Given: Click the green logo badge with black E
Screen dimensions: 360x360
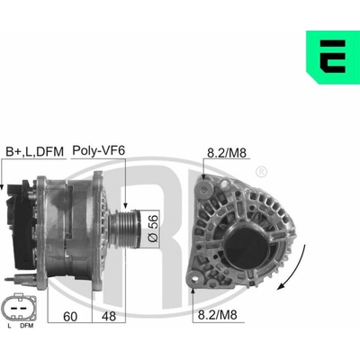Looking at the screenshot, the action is pyautogui.click(x=333, y=57).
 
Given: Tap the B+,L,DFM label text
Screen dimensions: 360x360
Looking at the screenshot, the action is pyautogui.click(x=35, y=152).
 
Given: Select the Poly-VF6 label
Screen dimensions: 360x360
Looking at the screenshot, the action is pyautogui.click(x=98, y=150).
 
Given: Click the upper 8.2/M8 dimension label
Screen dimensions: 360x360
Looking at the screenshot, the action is pyautogui.click(x=227, y=153).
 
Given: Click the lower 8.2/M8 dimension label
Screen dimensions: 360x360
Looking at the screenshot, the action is pyautogui.click(x=218, y=315).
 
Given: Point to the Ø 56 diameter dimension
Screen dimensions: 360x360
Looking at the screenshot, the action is pyautogui.click(x=153, y=229).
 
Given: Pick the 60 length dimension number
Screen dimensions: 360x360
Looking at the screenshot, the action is pyautogui.click(x=70, y=316).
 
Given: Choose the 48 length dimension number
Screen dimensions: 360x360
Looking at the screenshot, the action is pyautogui.click(x=109, y=316).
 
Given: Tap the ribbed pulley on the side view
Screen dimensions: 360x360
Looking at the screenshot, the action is pyautogui.click(x=124, y=229).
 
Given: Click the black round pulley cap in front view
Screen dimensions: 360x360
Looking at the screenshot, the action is pyautogui.click(x=247, y=245).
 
